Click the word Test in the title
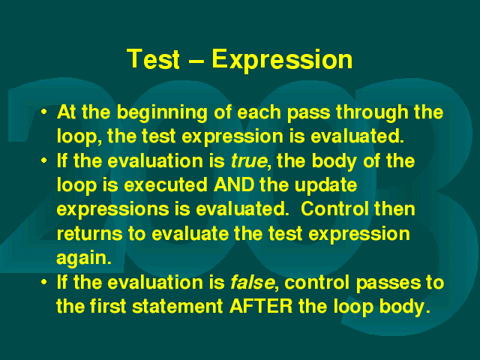153,58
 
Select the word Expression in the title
282,61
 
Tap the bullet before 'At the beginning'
44,112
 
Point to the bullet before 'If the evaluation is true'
44,160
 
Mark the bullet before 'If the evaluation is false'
44,282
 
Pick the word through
372,113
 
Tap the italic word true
249,161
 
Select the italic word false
253,282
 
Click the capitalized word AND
234,185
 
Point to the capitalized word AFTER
261,306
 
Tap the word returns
90,234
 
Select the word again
82,259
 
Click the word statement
178,307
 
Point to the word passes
388,284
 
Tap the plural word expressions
113,211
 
